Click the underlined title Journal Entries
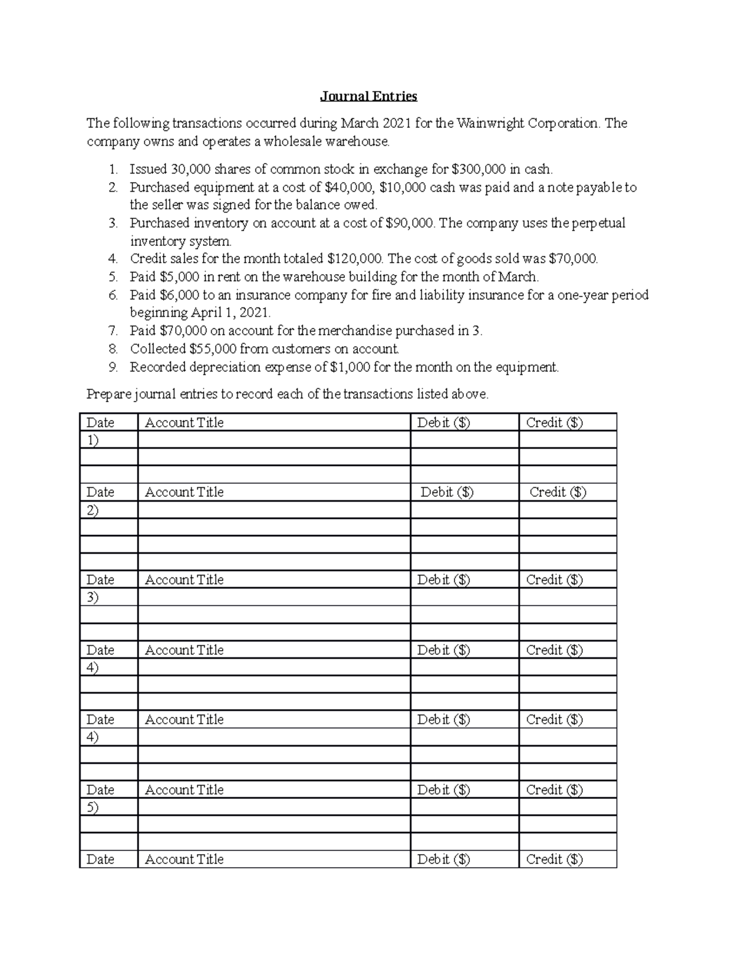point(368,97)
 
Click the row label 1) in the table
point(93,440)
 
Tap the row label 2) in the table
point(93,510)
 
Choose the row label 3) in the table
point(93,597)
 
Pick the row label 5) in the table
point(93,807)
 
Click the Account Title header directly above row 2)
point(184,493)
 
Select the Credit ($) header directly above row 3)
point(554,580)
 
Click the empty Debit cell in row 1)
point(464,440)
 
